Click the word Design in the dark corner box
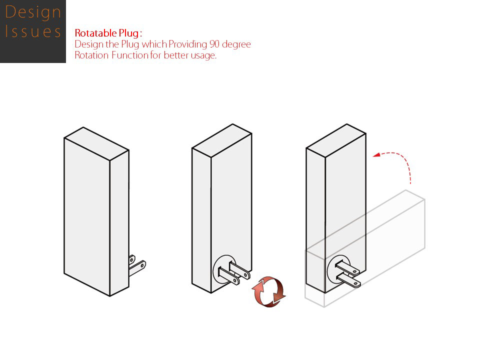33,11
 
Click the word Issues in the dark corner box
33,32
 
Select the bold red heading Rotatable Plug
107,33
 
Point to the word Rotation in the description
91,55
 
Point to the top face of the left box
96,139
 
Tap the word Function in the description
129,55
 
